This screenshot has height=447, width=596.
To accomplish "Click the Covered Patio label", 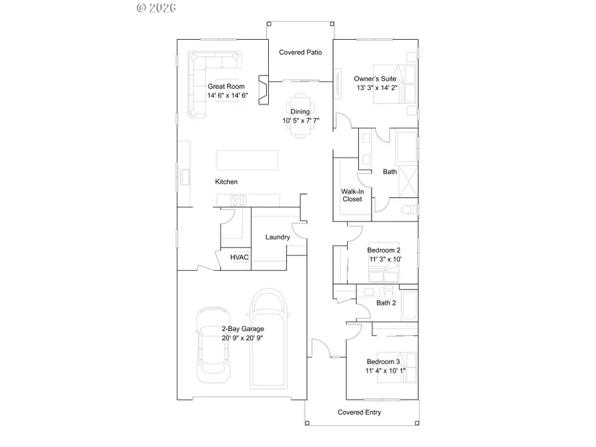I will click(300, 52).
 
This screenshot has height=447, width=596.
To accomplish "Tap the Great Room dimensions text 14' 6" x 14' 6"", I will click(227, 95).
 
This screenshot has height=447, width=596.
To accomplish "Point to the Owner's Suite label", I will click(375, 78).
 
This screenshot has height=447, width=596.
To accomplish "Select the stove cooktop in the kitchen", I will click(238, 199).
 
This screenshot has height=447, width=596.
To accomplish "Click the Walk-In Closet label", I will click(352, 195).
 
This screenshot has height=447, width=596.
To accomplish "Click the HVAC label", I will click(239, 258).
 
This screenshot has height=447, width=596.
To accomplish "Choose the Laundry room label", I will click(277, 237).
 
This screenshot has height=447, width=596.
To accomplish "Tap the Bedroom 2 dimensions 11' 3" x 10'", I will click(384, 260).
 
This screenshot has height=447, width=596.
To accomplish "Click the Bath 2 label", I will click(386, 303).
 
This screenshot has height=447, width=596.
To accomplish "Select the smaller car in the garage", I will click(213, 346).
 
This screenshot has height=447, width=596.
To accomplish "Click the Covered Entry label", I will click(359, 413).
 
